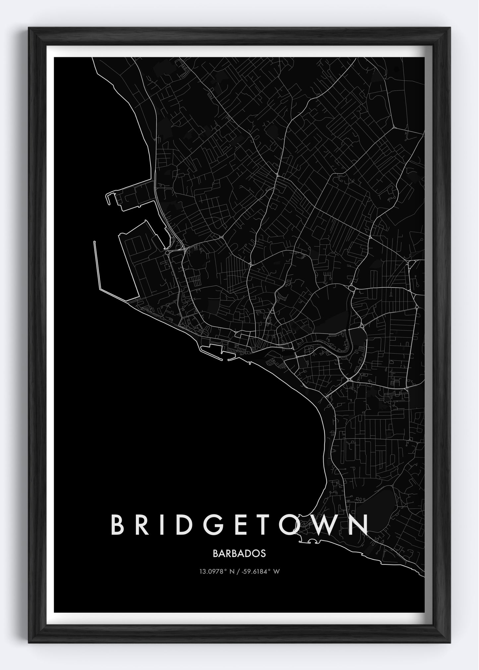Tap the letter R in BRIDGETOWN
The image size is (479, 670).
click(x=144, y=525)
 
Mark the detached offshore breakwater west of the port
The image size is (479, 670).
click(x=98, y=265)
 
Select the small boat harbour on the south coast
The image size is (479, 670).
click(x=217, y=349)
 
